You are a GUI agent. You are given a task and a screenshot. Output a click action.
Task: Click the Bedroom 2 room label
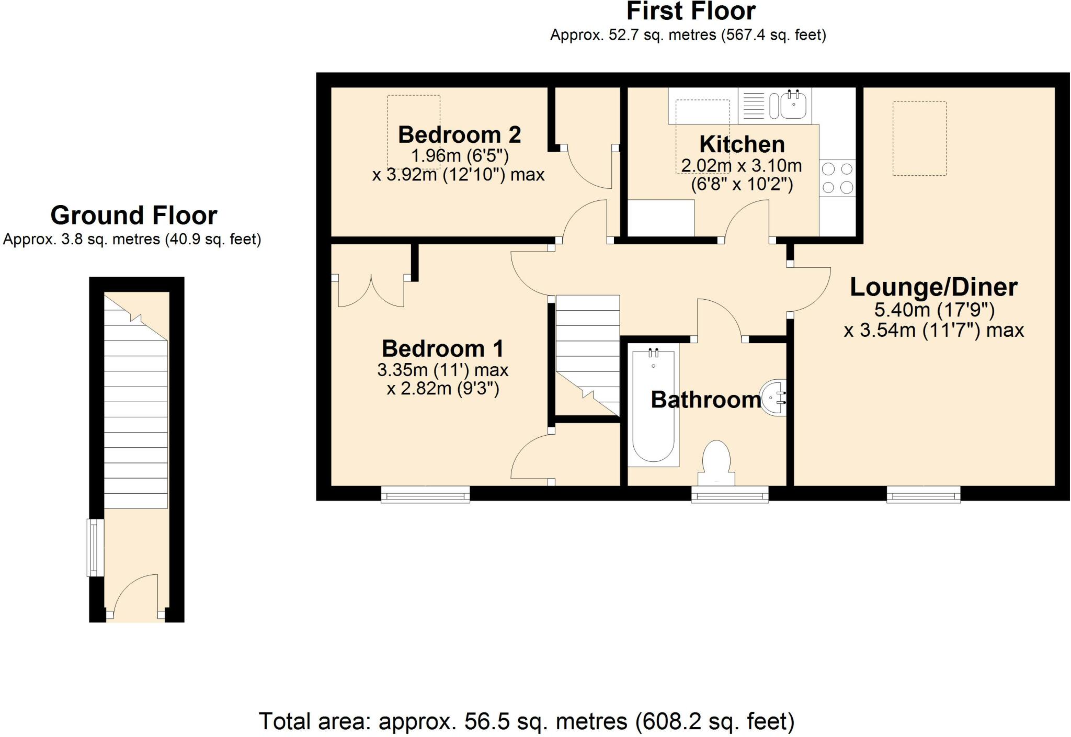[459, 135]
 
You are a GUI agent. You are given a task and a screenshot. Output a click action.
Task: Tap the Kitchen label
[742, 144]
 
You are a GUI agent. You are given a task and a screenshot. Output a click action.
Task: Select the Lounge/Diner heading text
[933, 287]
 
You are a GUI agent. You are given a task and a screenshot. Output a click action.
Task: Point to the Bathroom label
[706, 400]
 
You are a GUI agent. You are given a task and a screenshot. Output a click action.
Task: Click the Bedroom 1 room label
[442, 348]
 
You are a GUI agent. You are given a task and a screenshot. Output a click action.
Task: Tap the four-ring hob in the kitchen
[837, 178]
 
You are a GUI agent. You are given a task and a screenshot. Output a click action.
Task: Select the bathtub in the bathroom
[653, 405]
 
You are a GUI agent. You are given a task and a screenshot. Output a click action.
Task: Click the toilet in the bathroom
[716, 463]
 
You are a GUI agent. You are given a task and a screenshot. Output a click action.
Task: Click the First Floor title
[691, 11]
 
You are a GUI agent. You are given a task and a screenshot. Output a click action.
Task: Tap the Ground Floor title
[134, 215]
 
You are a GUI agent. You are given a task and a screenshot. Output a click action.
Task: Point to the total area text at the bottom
[527, 721]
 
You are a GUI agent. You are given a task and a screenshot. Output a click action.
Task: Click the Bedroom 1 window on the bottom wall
[425, 494]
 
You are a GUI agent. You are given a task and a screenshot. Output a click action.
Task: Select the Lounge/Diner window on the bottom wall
[924, 494]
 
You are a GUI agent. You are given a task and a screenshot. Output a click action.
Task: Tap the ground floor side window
[95, 548]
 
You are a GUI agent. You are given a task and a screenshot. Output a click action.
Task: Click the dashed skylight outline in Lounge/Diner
[919, 139]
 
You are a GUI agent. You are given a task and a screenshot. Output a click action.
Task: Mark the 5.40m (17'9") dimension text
[935, 310]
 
